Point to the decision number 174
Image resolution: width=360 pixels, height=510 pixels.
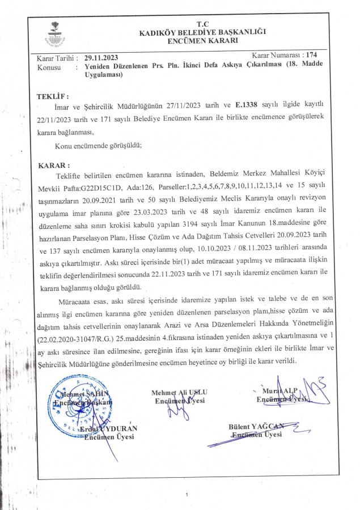pyautogui.click(x=311, y=55)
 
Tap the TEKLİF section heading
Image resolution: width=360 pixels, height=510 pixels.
pyautogui.click(x=52, y=97)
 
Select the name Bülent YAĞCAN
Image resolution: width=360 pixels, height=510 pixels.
pyautogui.click(x=255, y=427)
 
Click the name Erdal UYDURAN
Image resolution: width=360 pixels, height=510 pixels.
pyautogui.click(x=110, y=429)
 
